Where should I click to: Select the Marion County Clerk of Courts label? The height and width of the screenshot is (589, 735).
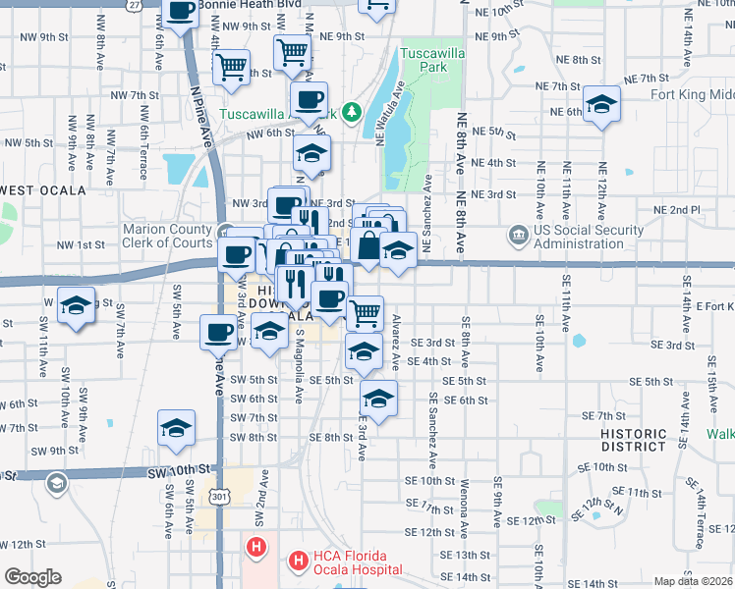167,236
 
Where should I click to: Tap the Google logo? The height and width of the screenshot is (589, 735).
32,577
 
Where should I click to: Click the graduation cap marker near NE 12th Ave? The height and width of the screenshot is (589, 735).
600,104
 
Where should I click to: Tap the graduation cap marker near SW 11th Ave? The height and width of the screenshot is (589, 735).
75,304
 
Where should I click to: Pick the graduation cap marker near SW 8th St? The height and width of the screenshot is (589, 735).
177,428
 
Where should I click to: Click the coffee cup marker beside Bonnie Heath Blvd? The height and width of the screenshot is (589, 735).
181,14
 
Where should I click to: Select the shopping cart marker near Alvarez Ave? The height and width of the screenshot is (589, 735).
365,313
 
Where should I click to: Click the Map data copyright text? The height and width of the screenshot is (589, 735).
693,581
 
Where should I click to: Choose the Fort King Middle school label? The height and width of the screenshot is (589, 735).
692,94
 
